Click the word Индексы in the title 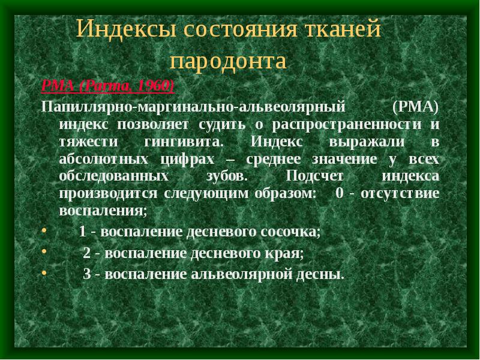click(127, 28)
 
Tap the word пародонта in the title click(228, 61)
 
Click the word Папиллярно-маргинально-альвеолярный click(193, 107)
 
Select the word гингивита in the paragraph click(184, 142)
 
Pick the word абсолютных click(104, 160)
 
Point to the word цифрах click(187, 160)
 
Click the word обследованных click(114, 176)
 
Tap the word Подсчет click(314, 176)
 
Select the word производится click(108, 194)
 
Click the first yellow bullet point click(44, 230)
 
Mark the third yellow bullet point click(44, 274)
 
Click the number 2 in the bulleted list click(86, 253)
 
